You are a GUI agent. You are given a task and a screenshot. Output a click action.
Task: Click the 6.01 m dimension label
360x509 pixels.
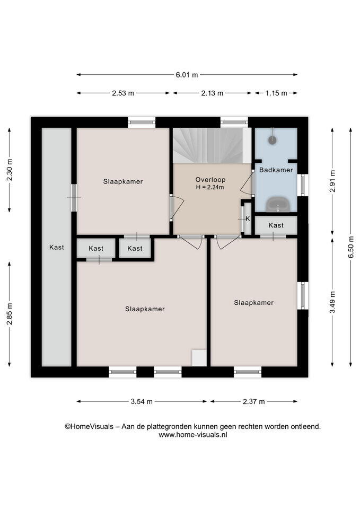click(187, 75)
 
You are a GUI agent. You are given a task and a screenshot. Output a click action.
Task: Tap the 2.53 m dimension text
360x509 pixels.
click(123, 93)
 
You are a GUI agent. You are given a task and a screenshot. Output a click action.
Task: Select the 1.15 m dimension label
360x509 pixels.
click(276, 93)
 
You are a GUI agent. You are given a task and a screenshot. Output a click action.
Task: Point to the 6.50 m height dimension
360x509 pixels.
click(351, 247)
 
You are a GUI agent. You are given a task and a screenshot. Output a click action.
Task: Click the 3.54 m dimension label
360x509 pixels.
click(142, 401)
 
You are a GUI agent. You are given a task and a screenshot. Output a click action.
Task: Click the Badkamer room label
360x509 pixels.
click(276, 170)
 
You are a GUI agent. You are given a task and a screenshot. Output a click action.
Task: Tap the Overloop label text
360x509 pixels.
click(210, 180)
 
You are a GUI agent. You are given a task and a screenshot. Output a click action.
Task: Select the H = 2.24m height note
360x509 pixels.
click(210, 187)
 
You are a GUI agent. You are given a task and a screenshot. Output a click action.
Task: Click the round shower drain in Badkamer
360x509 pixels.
click(272, 140)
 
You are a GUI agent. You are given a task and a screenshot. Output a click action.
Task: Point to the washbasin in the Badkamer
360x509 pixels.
click(277, 204)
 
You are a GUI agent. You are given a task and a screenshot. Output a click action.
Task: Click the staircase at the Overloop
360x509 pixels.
click(208, 145)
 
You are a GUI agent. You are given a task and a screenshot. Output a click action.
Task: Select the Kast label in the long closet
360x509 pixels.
click(57, 247)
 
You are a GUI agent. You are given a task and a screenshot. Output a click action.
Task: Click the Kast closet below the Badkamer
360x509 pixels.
click(276, 225)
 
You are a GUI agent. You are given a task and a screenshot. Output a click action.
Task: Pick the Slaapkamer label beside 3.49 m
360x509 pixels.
click(254, 303)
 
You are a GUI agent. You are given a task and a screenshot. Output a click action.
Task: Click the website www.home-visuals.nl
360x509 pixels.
click(193, 435)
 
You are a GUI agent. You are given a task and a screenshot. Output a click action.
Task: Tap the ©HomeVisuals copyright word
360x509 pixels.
click(89, 426)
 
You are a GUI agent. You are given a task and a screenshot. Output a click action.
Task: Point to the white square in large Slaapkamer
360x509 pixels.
click(199, 358)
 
